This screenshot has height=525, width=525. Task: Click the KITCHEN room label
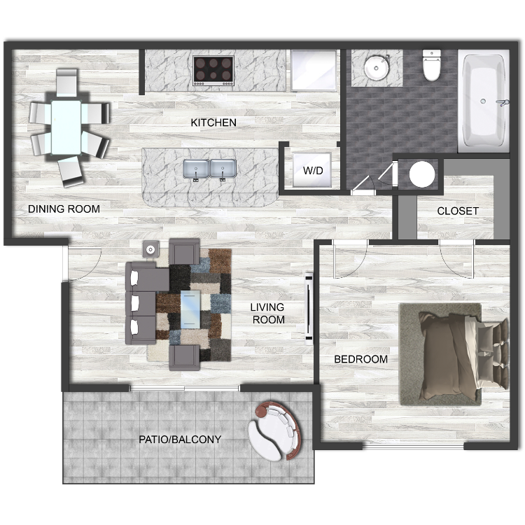coord(213,122)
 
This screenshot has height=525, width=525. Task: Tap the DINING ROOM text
coord(64,209)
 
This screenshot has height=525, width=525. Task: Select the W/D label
coord(313,170)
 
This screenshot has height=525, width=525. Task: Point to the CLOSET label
coord(458,211)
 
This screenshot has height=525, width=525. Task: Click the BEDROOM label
coord(361,359)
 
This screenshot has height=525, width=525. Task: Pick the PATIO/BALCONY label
coord(180,440)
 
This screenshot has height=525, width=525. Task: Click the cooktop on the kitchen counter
coord(213,70)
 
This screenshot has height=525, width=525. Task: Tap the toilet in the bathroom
coord(432,65)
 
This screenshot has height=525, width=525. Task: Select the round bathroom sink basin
coord(377,68)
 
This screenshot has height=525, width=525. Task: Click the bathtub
coord(484,101)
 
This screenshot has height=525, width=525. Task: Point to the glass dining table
coord(66,127)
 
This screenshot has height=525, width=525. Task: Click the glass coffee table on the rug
coord(190,309)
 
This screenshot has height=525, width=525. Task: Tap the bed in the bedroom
coord(463,355)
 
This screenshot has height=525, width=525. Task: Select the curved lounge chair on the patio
coord(275,430)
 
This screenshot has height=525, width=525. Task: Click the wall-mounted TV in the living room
coord(309,309)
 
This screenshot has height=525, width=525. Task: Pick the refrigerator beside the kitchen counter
coord(314,71)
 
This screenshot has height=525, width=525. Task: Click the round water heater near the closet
coord(422,174)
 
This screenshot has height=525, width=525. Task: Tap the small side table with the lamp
coord(150,249)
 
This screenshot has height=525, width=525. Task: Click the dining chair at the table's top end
coord(67,83)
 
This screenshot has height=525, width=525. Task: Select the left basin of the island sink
coord(196,169)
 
